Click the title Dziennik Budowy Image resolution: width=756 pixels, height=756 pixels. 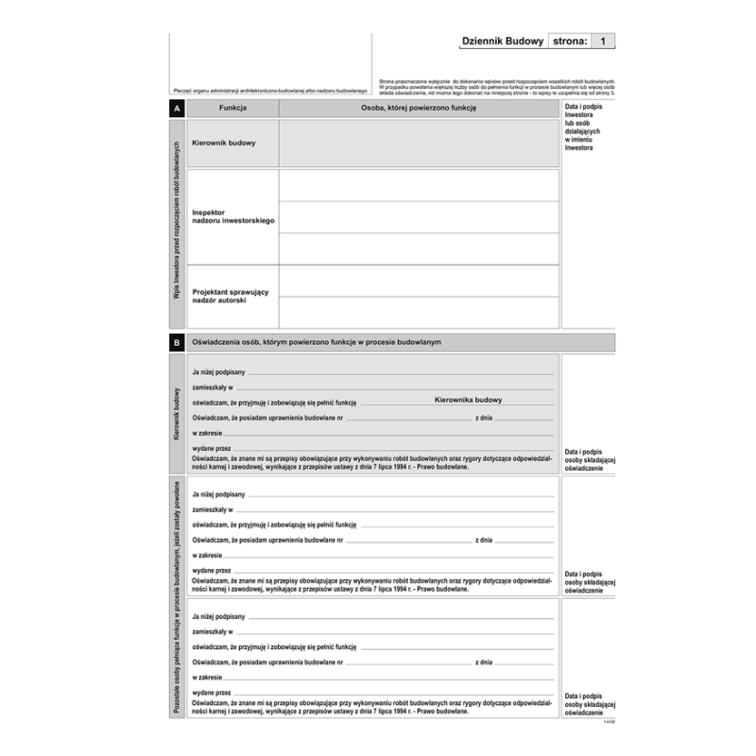coord(501,42)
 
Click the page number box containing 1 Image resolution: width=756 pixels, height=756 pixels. coord(604,42)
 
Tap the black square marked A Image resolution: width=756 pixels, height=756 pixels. coord(177,110)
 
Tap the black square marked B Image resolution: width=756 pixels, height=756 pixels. coord(177,342)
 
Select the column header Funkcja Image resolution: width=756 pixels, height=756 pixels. coord(232,110)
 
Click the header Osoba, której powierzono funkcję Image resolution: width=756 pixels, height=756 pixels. coord(419,110)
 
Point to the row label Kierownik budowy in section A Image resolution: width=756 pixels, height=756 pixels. coord(223,144)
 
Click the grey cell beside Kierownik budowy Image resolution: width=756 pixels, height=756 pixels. coord(419,144)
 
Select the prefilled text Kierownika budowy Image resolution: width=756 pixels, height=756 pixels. coord(468,400)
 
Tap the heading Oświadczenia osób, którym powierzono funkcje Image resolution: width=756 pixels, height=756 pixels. coord(317,342)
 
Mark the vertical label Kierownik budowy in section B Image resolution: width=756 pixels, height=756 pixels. coord(177,414)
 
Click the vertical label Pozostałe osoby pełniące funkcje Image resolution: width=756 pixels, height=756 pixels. coord(177,600)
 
